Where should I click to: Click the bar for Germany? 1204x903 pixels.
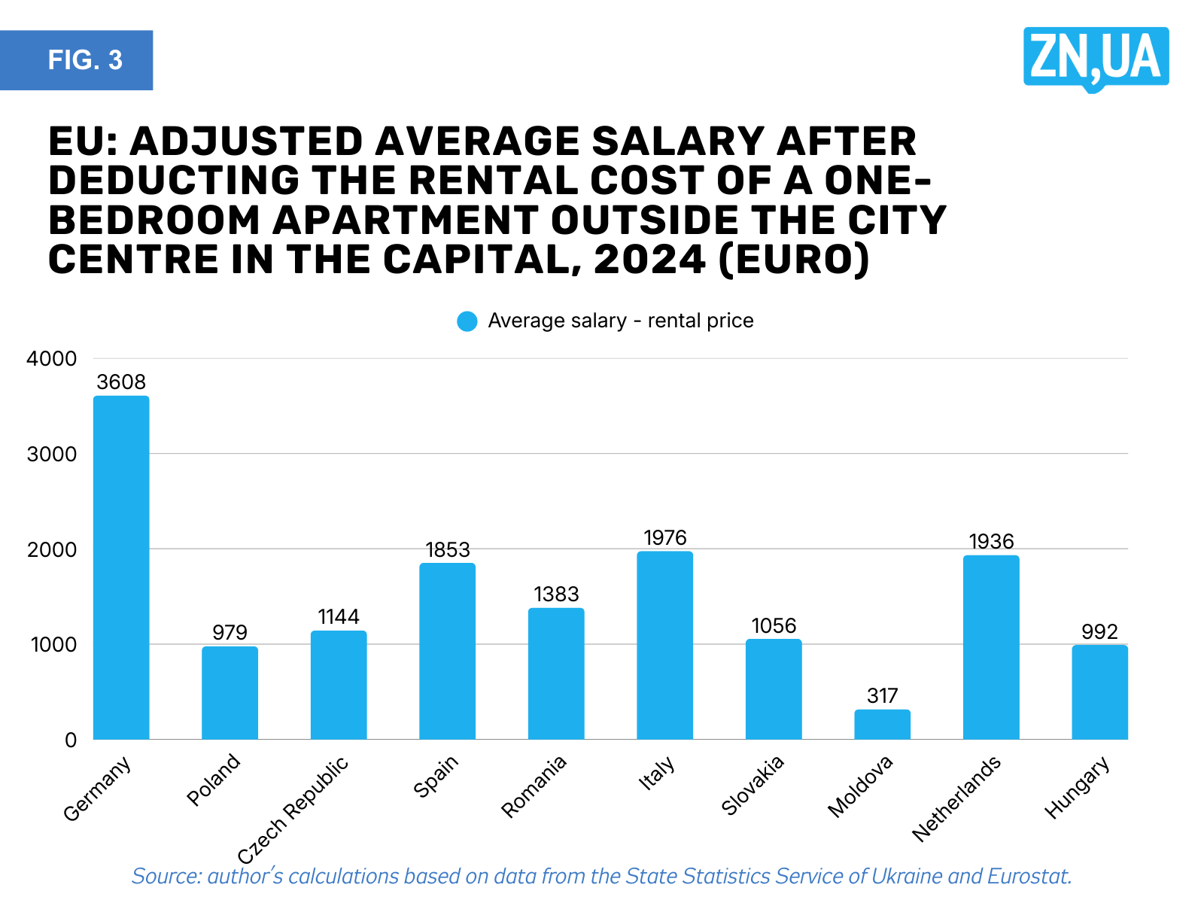click(x=121, y=567)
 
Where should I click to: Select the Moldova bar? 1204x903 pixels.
click(x=882, y=724)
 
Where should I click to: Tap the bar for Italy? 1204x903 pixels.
click(x=664, y=645)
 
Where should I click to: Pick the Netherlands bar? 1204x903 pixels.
click(x=991, y=647)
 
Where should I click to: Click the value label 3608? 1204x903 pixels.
click(x=121, y=382)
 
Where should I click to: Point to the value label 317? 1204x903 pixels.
click(x=882, y=696)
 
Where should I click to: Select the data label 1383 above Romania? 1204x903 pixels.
click(x=556, y=594)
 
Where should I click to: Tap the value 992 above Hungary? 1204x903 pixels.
click(x=1099, y=631)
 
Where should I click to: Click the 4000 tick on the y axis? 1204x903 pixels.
click(x=51, y=359)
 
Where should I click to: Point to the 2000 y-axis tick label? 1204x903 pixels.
click(x=51, y=549)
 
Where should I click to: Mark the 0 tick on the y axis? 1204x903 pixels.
click(x=71, y=740)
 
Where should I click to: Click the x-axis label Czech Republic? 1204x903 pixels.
click(x=293, y=810)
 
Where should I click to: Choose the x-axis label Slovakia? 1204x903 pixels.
click(x=752, y=785)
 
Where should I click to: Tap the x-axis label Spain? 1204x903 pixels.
click(x=436, y=776)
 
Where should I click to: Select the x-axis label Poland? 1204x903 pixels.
click(x=213, y=780)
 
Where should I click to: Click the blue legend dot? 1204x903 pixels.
click(x=467, y=321)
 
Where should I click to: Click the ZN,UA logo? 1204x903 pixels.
click(x=1096, y=58)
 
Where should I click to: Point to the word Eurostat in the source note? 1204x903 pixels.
click(x=1029, y=877)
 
